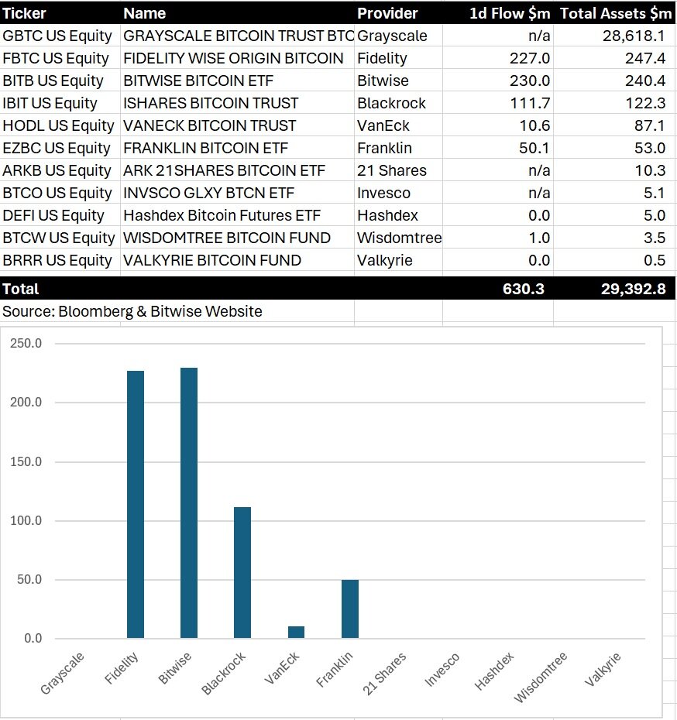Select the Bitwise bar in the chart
coord(189,502)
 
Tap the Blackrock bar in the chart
coord(242,572)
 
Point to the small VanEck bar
coord(296,632)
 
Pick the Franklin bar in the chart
coord(349,609)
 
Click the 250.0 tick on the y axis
coord(26,344)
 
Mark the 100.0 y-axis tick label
coord(26,521)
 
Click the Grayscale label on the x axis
coord(63,673)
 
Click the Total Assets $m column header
coord(617,13)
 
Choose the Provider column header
coord(387,13)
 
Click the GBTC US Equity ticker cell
coord(58,36)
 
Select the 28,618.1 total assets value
coord(633,36)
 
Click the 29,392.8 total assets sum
coord(633,289)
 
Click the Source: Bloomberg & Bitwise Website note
coord(132,311)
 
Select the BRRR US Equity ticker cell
coord(58,260)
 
